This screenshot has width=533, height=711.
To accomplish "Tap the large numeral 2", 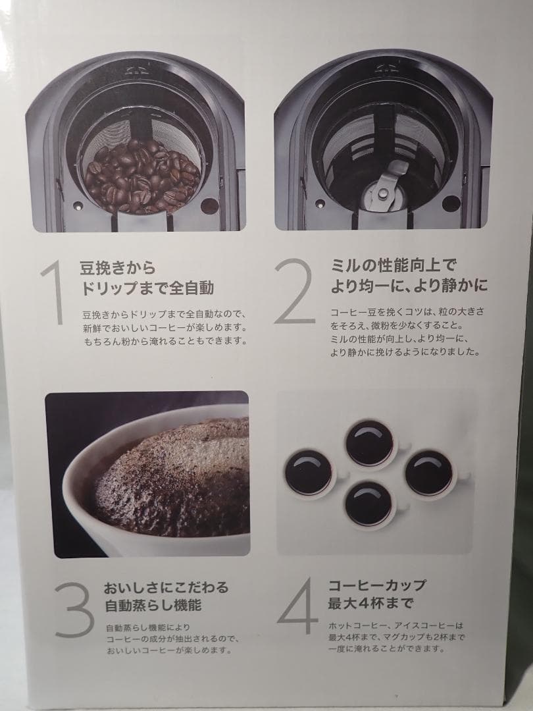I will (295, 291).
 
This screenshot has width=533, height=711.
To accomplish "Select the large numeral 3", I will (74, 609).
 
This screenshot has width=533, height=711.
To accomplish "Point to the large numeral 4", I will (297, 606).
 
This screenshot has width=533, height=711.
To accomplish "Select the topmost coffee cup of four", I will (370, 442).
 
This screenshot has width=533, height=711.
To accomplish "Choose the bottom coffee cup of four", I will (369, 504).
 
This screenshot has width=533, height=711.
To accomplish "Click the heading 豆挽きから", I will (117, 268).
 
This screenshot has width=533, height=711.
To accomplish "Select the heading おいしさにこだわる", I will (165, 587).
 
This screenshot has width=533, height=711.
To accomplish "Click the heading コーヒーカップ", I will (377, 585).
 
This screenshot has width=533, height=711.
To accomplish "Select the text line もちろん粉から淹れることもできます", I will (164, 341).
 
